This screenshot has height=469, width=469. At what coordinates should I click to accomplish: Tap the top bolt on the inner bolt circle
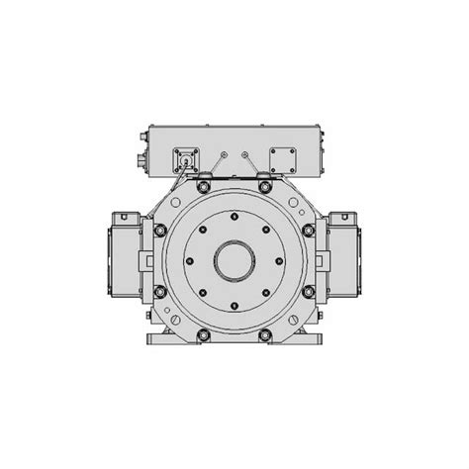click(234, 217)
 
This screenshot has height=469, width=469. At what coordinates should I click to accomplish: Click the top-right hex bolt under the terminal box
click(265, 186)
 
